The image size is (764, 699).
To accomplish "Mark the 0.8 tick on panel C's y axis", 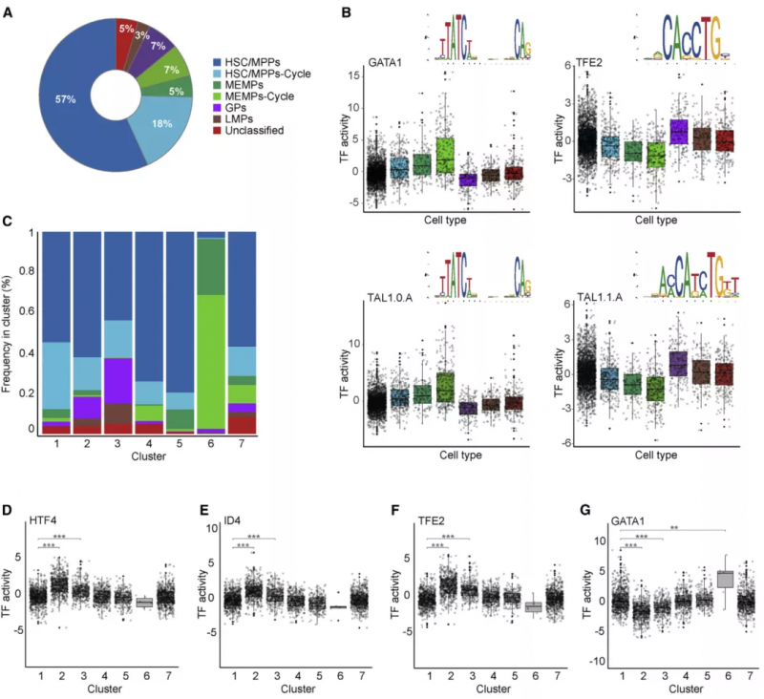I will point(31,273).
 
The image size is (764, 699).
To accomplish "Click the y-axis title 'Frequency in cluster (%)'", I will point(11,332).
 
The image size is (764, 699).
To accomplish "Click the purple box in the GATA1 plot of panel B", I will point(467,180).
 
